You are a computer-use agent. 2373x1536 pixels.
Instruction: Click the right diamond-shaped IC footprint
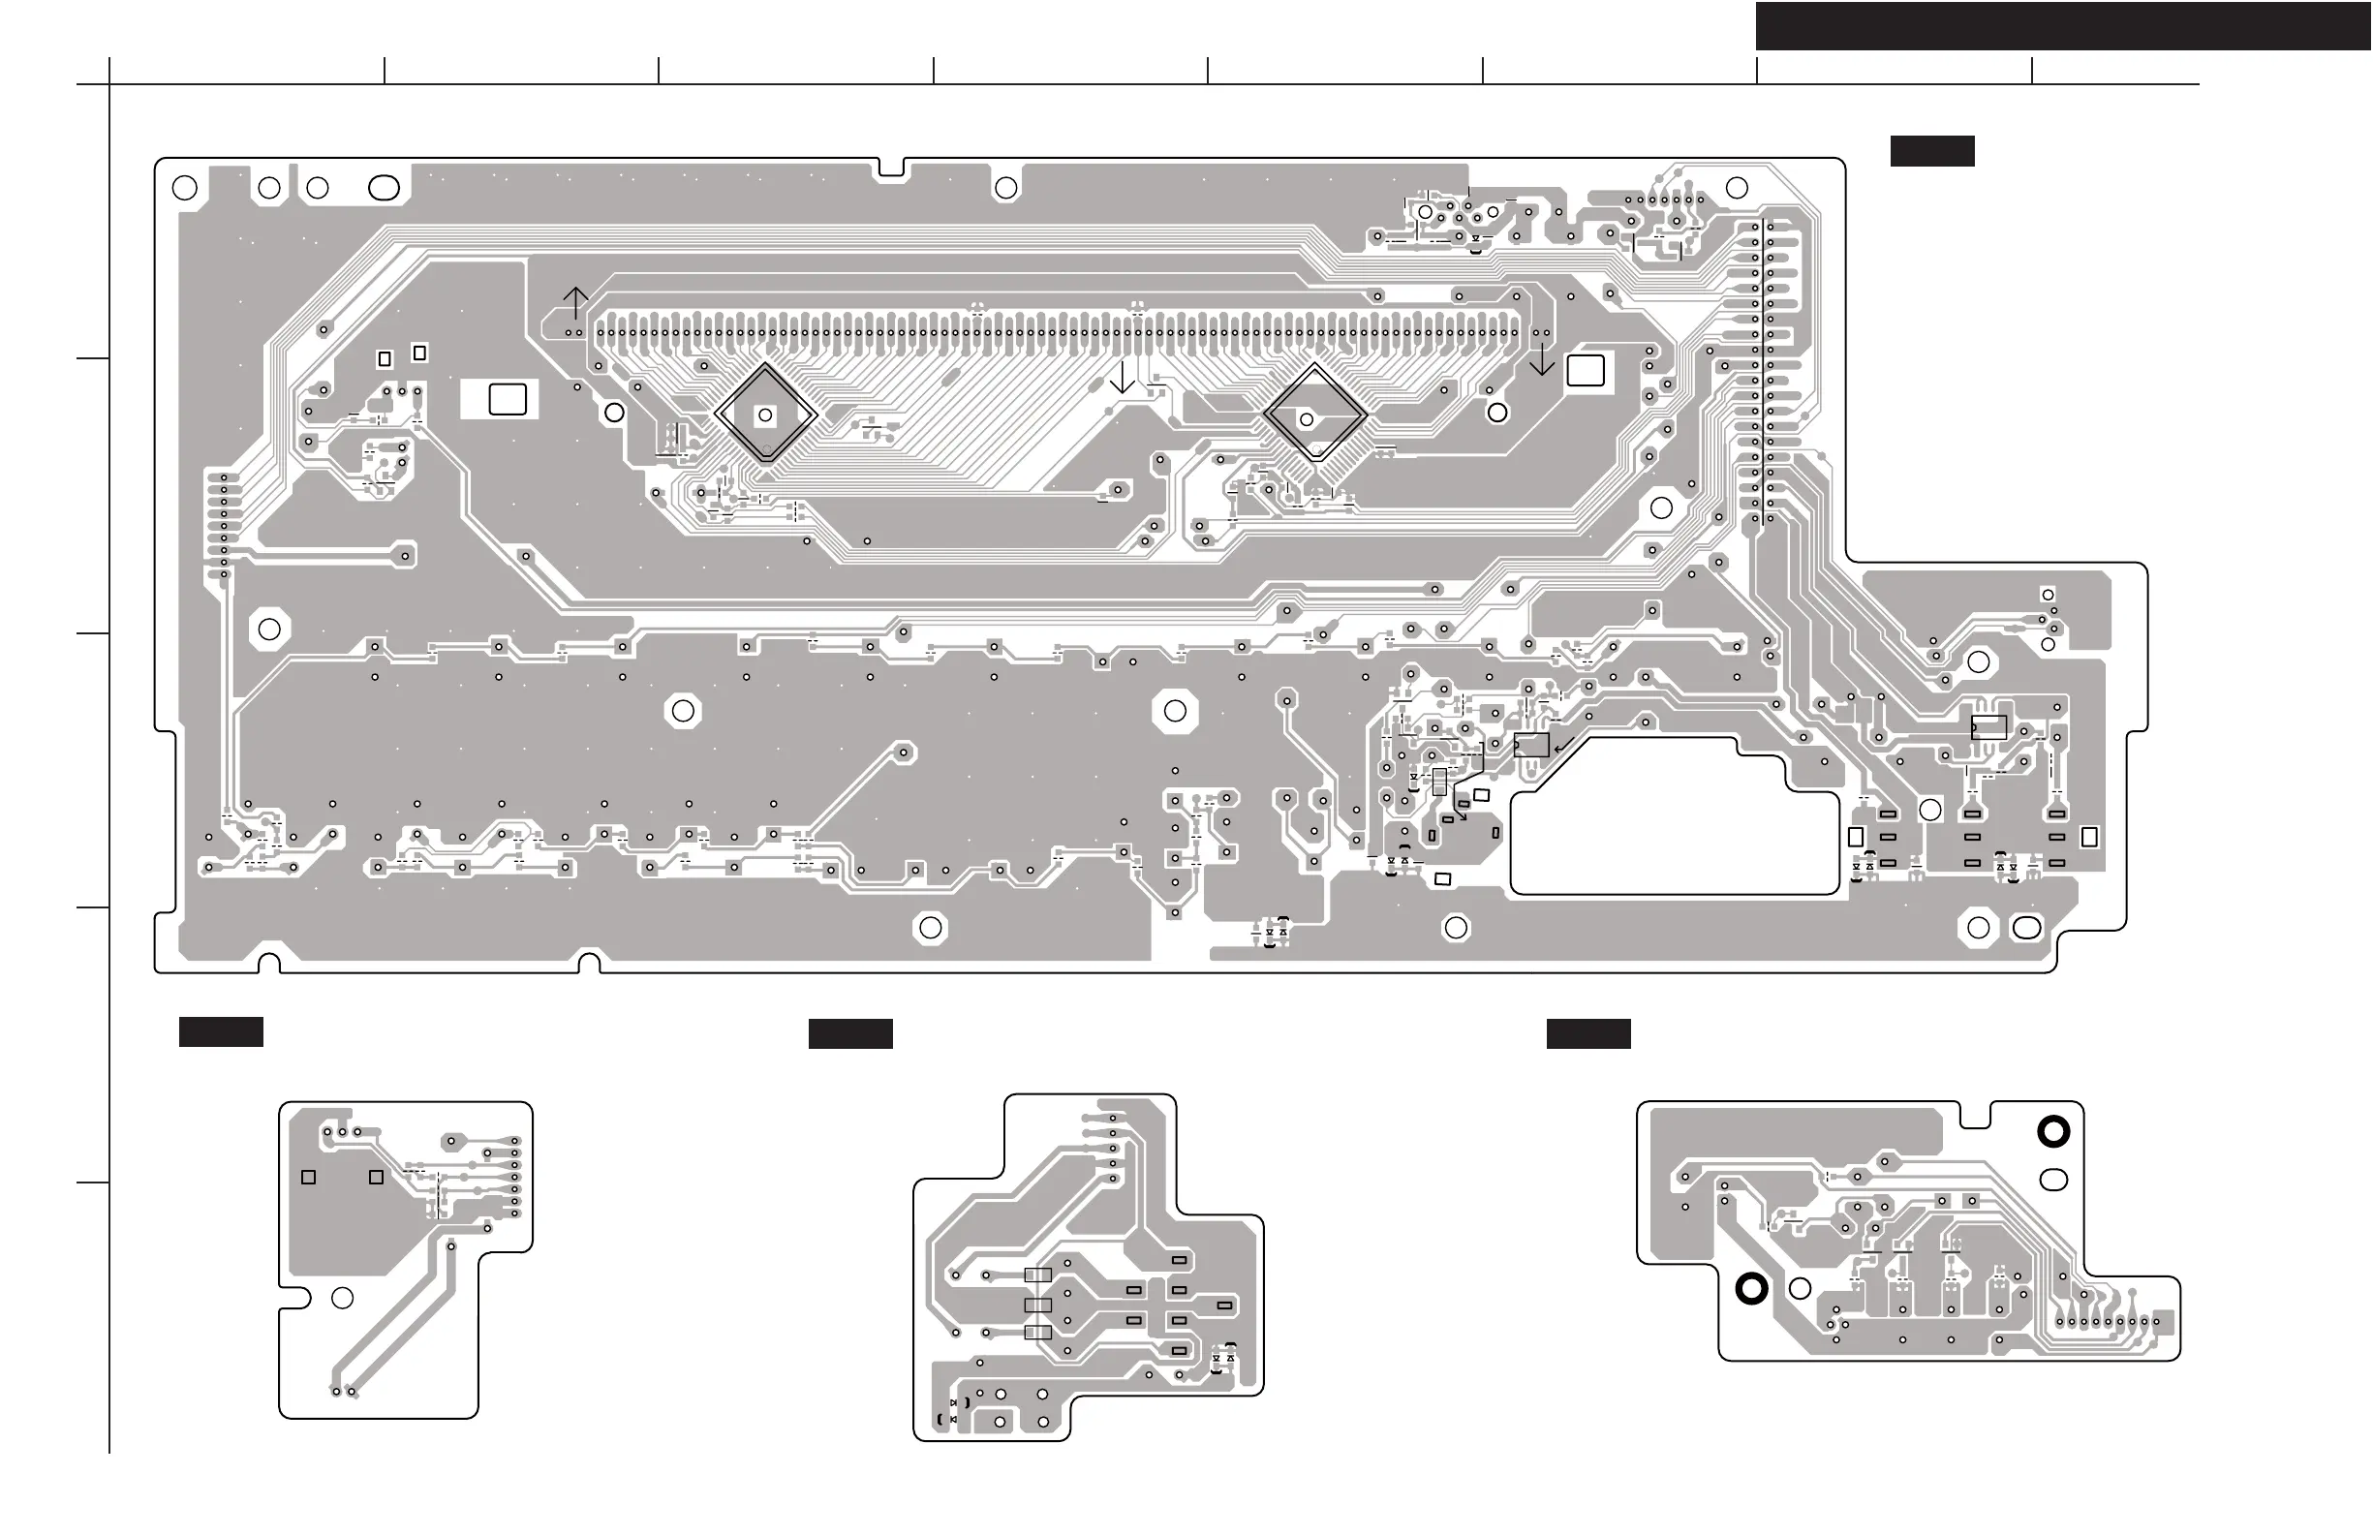point(1315,414)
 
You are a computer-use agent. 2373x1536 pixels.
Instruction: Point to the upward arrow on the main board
point(575,302)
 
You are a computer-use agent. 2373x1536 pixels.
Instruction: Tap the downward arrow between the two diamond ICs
point(1122,378)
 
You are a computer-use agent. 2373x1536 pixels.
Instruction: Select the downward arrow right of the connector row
point(1541,360)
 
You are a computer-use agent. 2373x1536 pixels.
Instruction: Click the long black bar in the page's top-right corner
point(2063,26)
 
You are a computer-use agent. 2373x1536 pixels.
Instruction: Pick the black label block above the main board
point(1931,150)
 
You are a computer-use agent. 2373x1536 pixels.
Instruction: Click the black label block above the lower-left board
point(221,1031)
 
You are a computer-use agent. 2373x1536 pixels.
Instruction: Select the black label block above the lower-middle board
point(849,1033)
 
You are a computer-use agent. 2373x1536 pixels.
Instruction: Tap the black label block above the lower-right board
point(1587,1033)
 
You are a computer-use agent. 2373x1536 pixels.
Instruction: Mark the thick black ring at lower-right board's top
point(2053,1131)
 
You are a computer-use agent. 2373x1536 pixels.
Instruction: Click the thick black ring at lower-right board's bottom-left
point(1752,1289)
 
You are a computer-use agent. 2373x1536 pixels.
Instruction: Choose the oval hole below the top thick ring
point(2054,1181)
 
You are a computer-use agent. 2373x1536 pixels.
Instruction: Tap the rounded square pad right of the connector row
point(1586,370)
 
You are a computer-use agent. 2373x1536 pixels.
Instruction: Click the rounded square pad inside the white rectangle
point(507,400)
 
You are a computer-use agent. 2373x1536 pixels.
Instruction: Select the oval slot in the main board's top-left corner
point(384,187)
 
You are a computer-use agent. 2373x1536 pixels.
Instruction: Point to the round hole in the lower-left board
point(342,1298)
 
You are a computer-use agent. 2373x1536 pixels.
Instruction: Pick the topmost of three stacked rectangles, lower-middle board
point(1038,1275)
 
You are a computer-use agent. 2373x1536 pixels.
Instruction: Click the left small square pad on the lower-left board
point(309,1177)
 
